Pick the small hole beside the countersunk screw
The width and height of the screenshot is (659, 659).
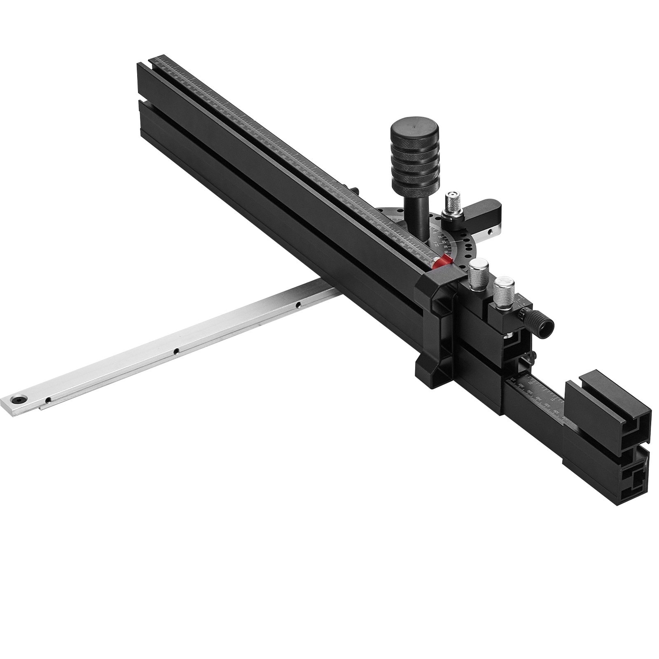[48, 400]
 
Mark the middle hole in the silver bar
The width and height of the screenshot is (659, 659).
[176, 351]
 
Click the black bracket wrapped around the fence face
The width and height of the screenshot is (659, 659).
[437, 321]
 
